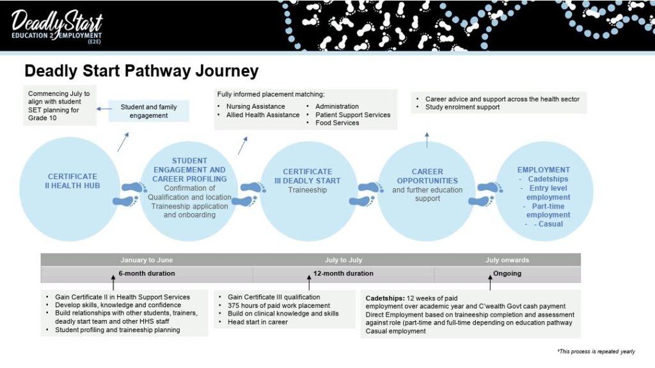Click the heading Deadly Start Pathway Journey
pos(141,70)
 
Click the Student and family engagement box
pos(148,111)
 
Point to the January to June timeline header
pos(146,260)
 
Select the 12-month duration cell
pos(343,274)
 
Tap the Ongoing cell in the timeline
pos(507,274)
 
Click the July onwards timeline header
pos(507,260)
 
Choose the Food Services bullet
pos(337,123)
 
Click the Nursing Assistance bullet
pos(255,106)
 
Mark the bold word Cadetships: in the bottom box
pos(384,298)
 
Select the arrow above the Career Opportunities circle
pos(427,139)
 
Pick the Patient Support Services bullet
pos(352,115)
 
